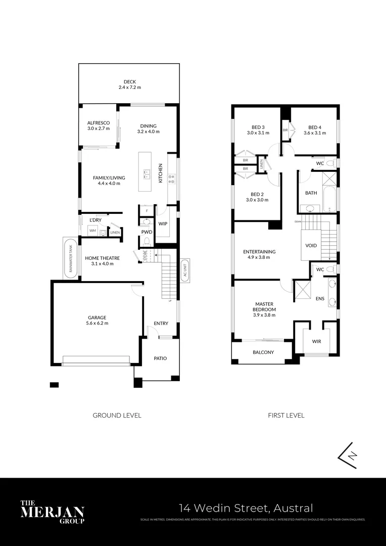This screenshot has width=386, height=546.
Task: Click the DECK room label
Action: pyautogui.click(x=130, y=82)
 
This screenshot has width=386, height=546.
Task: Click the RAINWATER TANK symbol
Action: pyautogui.click(x=71, y=258)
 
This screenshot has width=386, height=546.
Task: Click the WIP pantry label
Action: pyautogui.click(x=163, y=223)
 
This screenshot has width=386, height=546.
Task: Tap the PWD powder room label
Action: pyautogui.click(x=147, y=232)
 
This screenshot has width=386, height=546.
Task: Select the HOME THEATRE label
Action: pyautogui.click(x=103, y=258)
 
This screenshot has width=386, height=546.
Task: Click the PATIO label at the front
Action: pyautogui.click(x=161, y=358)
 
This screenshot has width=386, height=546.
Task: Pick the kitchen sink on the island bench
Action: pyautogui.click(x=147, y=175)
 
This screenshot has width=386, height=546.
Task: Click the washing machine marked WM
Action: pyautogui.click(x=92, y=231)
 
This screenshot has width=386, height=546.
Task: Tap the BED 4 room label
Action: pyautogui.click(x=314, y=127)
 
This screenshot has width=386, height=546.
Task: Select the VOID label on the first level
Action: pyautogui.click(x=311, y=245)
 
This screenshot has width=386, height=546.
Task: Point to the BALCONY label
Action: pyautogui.click(x=263, y=352)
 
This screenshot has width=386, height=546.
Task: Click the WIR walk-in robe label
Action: pyautogui.click(x=317, y=341)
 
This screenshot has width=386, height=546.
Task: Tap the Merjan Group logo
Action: pyautogui.click(x=52, y=512)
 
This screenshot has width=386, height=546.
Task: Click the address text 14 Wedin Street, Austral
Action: pyautogui.click(x=247, y=508)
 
